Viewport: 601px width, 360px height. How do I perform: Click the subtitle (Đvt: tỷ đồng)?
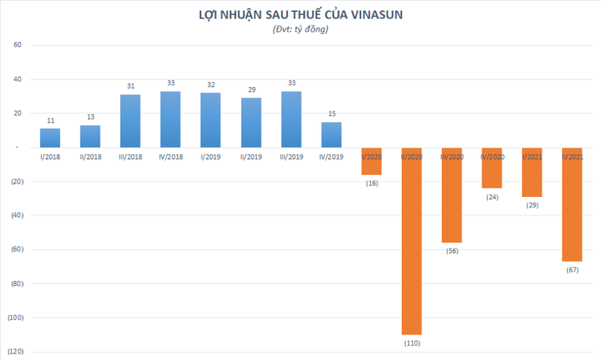coord(300,29)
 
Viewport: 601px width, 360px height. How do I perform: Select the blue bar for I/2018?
coord(50,138)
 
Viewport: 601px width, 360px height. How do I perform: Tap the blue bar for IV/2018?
coord(170,119)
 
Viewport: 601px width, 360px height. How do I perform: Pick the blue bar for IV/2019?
coord(331,135)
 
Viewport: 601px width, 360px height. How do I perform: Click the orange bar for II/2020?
coord(411,241)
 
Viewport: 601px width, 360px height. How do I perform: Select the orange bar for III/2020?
coord(452,195)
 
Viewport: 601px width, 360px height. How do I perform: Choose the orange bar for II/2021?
coord(572,204)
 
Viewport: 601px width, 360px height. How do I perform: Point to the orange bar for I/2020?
coord(371,161)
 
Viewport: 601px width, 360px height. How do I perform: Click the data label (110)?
coord(411,343)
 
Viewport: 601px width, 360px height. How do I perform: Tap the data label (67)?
coord(572,271)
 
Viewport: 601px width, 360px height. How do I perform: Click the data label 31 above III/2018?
coord(130,87)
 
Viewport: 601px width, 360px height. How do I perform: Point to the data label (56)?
coord(452,251)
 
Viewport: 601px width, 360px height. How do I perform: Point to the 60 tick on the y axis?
coord(17,45)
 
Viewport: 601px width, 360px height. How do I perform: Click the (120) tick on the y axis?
coord(13,351)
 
